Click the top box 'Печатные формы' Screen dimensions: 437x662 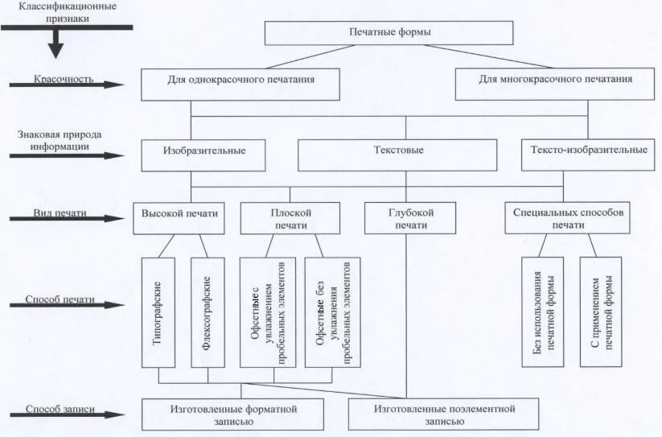click(389, 32)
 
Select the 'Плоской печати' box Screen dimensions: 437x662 click(290, 218)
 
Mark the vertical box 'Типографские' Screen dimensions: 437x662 click(159, 312)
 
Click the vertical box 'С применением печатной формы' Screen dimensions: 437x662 click(600, 312)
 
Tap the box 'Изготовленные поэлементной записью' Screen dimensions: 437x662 click(443, 414)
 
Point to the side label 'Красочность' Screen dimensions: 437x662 click(64, 79)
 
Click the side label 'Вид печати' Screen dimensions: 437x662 click(60, 213)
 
